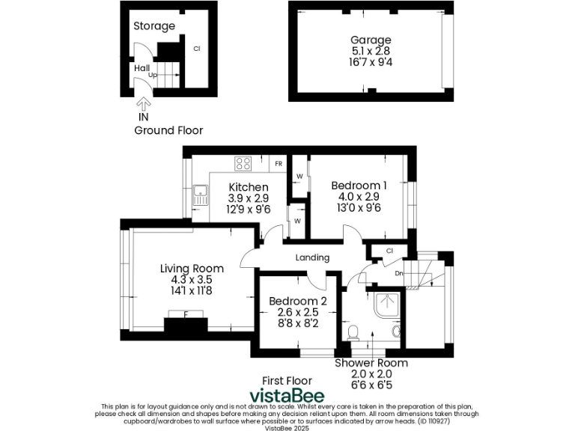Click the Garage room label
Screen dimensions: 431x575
tap(371, 40)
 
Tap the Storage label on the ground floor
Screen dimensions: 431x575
tap(154, 26)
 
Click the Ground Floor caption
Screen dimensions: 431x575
tap(168, 130)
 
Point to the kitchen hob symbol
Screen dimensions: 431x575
tap(243, 164)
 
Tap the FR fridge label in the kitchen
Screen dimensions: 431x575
tap(278, 164)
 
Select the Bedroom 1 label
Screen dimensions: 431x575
tap(359, 186)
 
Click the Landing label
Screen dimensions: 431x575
tap(312, 257)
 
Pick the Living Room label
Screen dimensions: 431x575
tap(192, 269)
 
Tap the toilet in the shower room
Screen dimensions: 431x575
tap(355, 331)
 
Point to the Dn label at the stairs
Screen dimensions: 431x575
tap(399, 273)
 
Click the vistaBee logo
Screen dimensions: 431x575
tap(287, 396)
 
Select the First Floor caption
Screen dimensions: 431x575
tap(287, 381)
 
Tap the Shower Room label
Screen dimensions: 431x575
tap(371, 363)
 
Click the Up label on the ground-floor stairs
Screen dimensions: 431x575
tap(153, 76)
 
